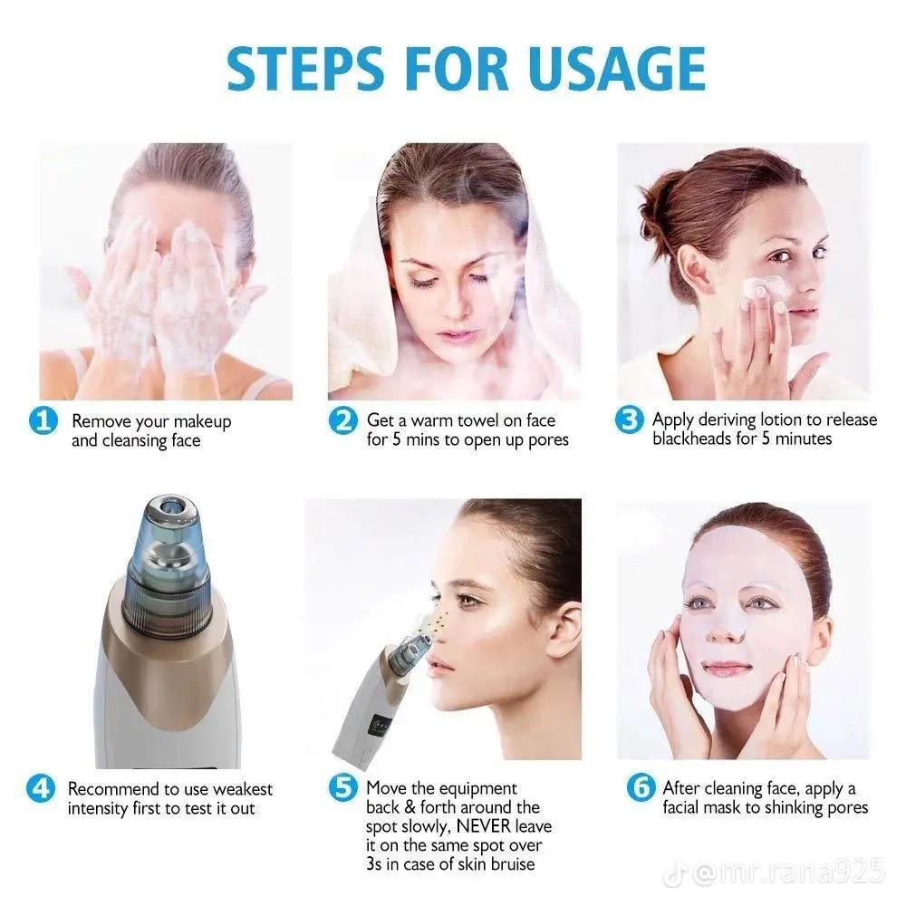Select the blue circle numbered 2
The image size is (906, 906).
point(342,422)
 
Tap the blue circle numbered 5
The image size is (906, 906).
point(342,789)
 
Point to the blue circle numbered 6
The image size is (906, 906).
point(641,789)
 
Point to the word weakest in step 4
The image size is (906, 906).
point(239,790)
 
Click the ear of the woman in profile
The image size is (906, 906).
point(563,631)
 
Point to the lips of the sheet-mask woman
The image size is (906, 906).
point(728,669)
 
